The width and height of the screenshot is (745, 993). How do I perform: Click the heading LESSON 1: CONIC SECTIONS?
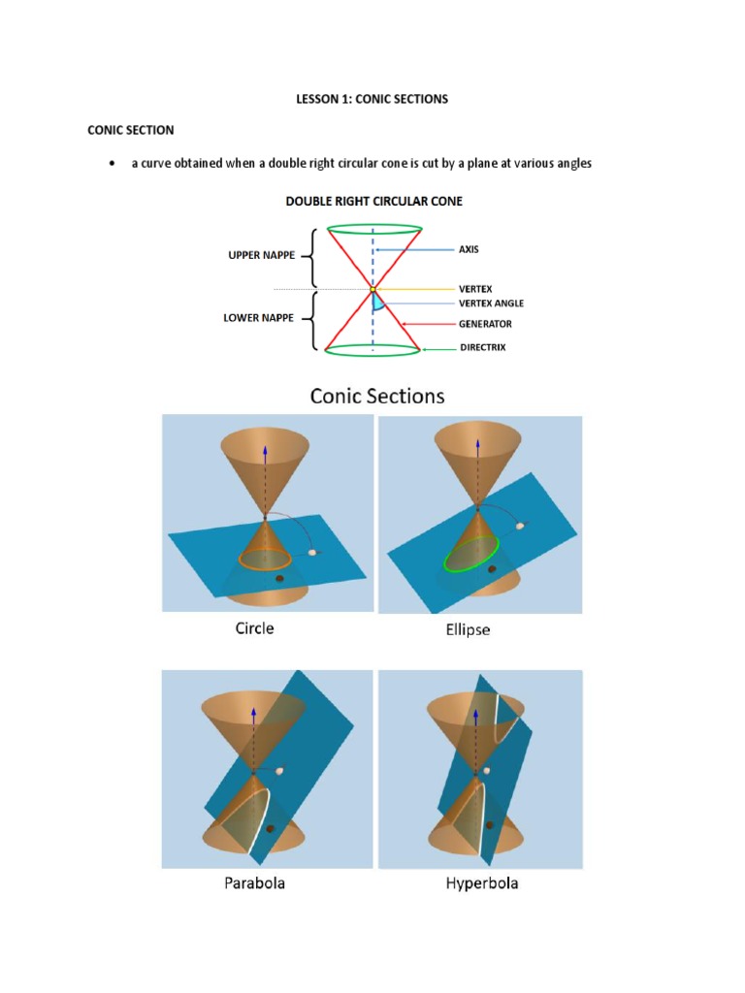372,99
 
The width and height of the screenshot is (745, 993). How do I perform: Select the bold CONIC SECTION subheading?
131,129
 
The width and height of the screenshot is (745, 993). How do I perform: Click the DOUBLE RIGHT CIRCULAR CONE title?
372,202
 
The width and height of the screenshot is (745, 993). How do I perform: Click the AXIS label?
469,249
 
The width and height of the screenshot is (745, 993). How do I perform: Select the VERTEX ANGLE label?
491,304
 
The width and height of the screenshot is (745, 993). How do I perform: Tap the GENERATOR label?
485,324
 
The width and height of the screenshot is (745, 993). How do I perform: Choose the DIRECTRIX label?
482,347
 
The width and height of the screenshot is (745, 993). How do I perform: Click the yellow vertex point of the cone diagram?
372,289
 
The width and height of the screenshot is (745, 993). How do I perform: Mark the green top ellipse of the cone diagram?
373,230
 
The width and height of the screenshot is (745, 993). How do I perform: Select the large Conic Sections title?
376,396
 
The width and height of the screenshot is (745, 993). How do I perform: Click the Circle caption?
254,628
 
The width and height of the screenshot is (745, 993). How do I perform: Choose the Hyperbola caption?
481,883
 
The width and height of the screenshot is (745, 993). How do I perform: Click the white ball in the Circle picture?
312,552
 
